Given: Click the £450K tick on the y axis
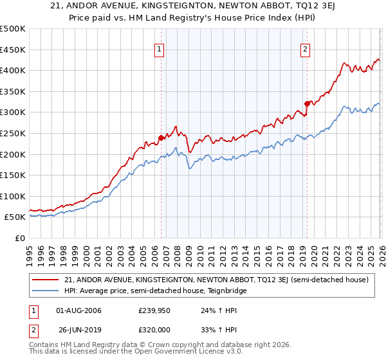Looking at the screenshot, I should (x=12, y=50).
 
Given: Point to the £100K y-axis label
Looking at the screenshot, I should (x=12, y=196).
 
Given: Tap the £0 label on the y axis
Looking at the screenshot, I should (x=20, y=238).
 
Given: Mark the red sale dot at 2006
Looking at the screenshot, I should (x=161, y=137).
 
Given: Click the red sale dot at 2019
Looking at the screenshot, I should (x=307, y=103).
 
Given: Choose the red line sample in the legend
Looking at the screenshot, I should (x=46, y=280).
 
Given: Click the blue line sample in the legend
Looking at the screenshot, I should (x=46, y=291).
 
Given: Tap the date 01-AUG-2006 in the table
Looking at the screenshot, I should (x=78, y=311).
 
